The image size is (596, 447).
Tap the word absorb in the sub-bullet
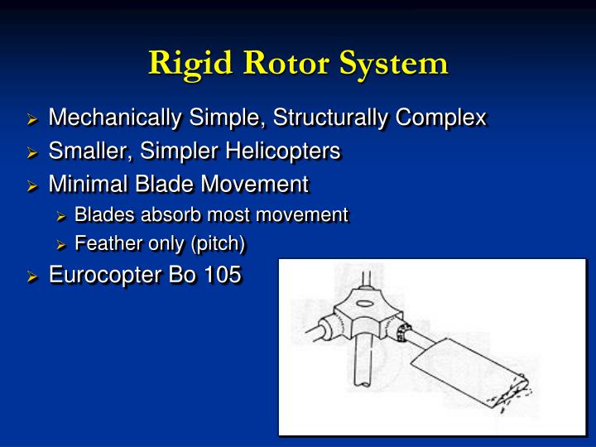click(x=175, y=215)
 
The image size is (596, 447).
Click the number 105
click(x=222, y=274)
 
